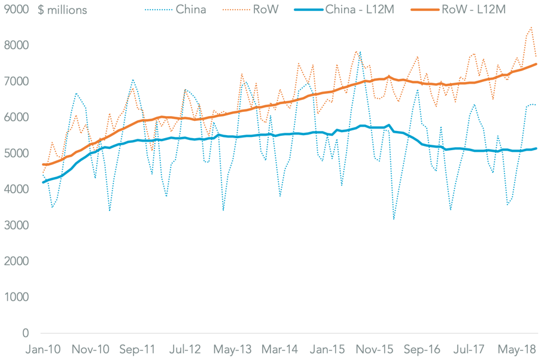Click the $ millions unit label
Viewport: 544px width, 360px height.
pos(62,10)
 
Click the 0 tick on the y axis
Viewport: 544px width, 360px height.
pos(25,333)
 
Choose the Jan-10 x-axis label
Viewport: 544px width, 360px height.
pos(42,349)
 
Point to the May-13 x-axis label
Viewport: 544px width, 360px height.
pos(232,349)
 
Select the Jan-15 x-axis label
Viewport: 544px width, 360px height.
pos(329,349)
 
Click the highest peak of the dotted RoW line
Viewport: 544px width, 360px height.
pos(531,27)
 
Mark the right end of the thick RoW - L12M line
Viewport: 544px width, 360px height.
pos(536,64)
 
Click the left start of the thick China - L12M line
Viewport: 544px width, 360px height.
pos(42,182)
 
